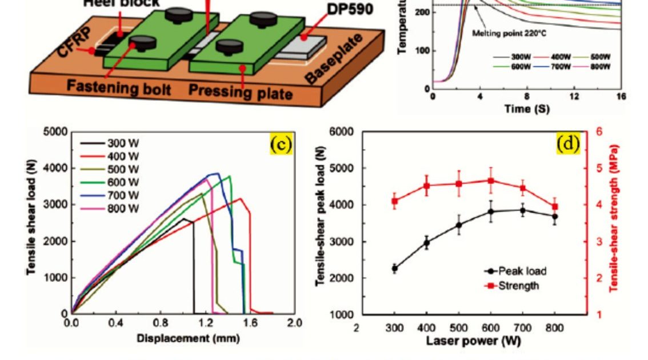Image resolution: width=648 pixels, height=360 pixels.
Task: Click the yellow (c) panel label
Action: pos(281,145)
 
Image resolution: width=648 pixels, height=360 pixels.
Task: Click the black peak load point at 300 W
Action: pos(394,267)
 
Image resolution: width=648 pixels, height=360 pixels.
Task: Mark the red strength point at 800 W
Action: pos(555,207)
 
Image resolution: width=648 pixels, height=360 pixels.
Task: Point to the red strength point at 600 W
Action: pos(490,181)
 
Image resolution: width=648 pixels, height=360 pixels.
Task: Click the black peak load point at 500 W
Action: pos(458,225)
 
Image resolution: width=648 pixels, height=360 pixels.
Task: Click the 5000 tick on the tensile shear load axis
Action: pos(55,132)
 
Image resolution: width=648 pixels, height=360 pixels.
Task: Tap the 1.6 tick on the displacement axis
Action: pos(250,323)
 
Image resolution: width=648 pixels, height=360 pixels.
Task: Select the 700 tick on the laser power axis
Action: pos(522,328)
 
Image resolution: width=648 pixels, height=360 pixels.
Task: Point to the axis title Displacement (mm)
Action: pos(181,338)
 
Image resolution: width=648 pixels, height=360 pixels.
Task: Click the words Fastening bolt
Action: pos(110,88)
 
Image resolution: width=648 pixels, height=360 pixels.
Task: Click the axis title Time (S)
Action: pos(527,109)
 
